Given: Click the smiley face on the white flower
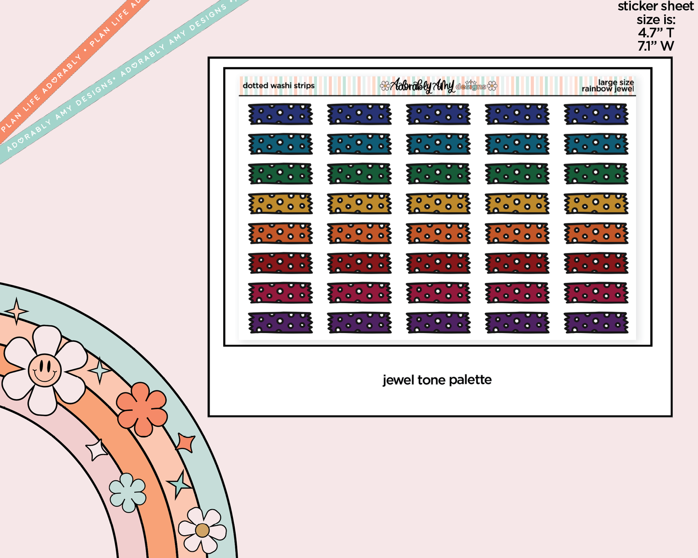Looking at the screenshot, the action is coord(45,370).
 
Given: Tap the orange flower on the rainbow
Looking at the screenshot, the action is coord(142,409).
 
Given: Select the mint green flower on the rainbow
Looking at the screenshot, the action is coord(128,492).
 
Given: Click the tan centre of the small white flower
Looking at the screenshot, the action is coord(202,530).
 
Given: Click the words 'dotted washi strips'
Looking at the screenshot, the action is coord(279,85).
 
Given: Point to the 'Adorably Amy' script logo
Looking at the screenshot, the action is coord(422,85).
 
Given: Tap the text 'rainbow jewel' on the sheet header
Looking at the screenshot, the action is coord(608,89).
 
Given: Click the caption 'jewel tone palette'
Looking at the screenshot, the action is coord(437,380).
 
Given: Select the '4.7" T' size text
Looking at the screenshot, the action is coord(656,33).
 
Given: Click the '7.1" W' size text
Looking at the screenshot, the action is coord(656,46).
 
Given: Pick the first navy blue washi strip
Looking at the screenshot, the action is coord(281,114).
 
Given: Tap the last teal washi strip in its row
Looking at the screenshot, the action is coord(596,144).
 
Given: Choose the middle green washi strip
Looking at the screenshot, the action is coord(438,174).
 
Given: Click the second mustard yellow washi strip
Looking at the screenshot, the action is coord(359,204).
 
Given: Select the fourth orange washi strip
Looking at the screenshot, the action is coord(517,234).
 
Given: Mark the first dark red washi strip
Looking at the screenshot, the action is coord(281,263).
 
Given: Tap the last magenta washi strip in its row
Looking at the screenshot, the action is coord(596,293).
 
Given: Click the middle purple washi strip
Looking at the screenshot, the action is coord(438,322).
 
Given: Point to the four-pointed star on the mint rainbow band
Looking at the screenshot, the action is coord(16,311).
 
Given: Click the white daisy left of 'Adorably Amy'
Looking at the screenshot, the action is coord(385,86).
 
